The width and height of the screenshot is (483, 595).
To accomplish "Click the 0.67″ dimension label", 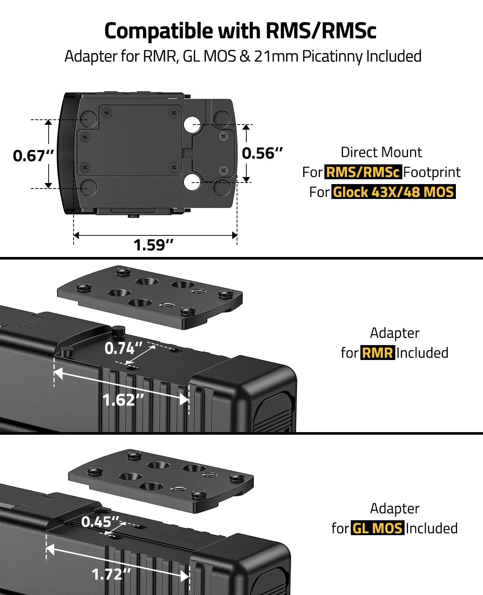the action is pos(33,155).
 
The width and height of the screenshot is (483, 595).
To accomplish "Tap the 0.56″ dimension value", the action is pos(262,153).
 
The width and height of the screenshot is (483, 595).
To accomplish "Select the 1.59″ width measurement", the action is pos(153,245).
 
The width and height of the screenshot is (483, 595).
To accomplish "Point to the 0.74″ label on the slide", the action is pos(124,348).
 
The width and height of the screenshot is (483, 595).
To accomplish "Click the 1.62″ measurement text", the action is pos(123,400).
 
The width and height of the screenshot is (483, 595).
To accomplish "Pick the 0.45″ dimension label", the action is pos(100,521).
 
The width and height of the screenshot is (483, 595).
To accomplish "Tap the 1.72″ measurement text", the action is pos(111,574).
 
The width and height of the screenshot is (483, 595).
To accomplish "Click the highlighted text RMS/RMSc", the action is pos(363,172).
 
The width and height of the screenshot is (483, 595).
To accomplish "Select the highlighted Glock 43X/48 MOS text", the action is pos(393,192).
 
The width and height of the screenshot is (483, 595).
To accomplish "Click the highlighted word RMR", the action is pos(377,353).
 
